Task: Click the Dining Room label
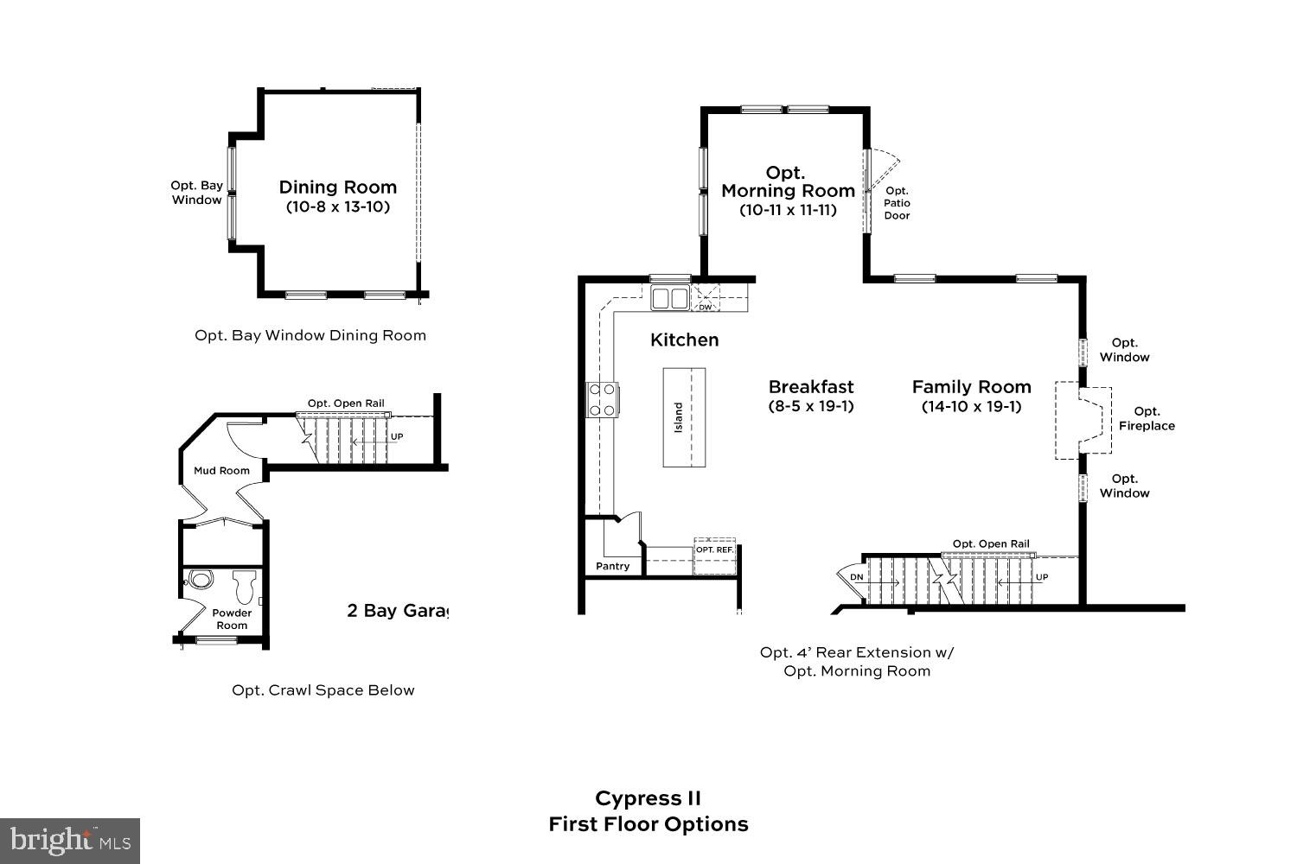pos(337,187)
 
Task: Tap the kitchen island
pos(684,417)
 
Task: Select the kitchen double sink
pos(669,298)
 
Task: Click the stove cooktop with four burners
pos(603,400)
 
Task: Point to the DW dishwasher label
pos(706,307)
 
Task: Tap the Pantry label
pos(612,567)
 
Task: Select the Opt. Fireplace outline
pos(1084,420)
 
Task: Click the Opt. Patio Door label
pos(897,203)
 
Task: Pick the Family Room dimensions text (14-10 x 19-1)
pos(971,407)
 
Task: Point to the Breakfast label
pos(810,386)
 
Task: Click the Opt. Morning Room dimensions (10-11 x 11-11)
pos(788,210)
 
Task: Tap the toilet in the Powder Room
pos(243,587)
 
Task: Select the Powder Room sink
pos(200,580)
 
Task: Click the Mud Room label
pos(221,471)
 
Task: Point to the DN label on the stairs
pos(856,576)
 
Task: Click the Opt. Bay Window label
pos(196,193)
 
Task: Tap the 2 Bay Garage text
pos(398,611)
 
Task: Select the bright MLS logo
pos(69,840)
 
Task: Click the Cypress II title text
pos(648,798)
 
